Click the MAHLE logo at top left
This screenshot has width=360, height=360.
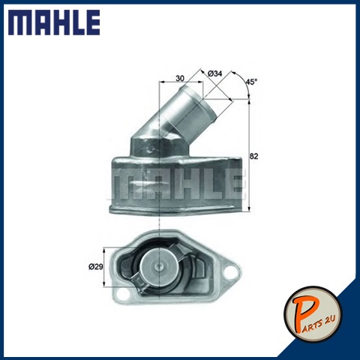(x=54, y=22)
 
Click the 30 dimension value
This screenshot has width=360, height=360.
(x=180, y=78)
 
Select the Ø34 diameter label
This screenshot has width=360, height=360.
(x=214, y=73)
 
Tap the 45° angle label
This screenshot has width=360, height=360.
(x=251, y=82)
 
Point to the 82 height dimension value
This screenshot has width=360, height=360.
(x=253, y=156)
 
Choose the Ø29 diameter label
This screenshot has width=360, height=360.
(x=95, y=267)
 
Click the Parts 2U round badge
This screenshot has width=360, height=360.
(x=313, y=314)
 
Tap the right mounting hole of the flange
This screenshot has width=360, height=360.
(x=229, y=272)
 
